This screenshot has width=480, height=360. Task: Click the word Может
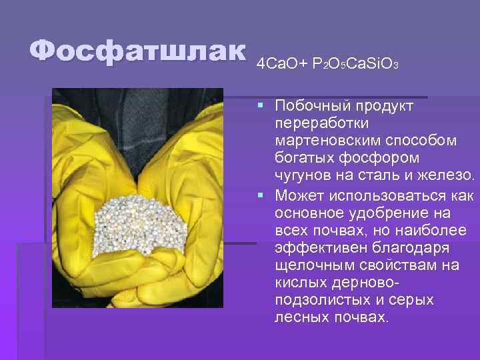pos(298,195)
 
